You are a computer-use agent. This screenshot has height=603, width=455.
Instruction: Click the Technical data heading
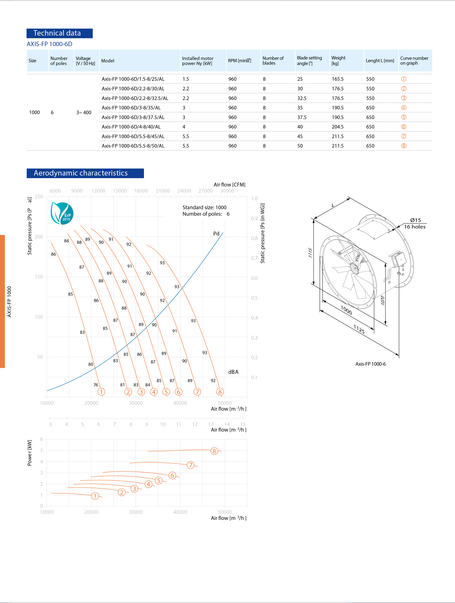pyautogui.click(x=57, y=33)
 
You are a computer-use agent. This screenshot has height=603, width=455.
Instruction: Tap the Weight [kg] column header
pyautogui.click(x=338, y=61)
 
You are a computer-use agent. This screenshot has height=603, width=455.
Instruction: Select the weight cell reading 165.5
pyautogui.click(x=338, y=79)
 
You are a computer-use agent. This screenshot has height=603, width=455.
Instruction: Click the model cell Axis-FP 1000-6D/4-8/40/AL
pyautogui.click(x=131, y=127)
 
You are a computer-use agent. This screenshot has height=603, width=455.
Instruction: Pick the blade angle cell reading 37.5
pyautogui.click(x=302, y=117)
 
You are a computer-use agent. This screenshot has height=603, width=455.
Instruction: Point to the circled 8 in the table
pyautogui.click(x=404, y=146)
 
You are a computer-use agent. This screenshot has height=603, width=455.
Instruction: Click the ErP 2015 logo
pyautogui.click(x=62, y=213)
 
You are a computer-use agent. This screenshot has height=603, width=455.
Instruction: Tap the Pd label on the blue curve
pyautogui.click(x=216, y=234)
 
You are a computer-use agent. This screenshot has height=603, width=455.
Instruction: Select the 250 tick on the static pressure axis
pyautogui.click(x=39, y=197)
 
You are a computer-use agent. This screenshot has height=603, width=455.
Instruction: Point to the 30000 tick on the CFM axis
pyautogui.click(x=227, y=191)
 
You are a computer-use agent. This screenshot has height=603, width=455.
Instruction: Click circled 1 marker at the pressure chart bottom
pyautogui.click(x=101, y=392)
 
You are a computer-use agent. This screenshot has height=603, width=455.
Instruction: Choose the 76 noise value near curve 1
pyautogui.click(x=96, y=385)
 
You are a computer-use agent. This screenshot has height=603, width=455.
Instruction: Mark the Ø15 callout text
pyautogui.click(x=416, y=220)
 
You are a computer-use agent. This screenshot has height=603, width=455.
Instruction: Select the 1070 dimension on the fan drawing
pyautogui.click(x=383, y=300)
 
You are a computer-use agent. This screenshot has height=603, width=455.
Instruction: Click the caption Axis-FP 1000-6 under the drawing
pyautogui.click(x=370, y=364)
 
